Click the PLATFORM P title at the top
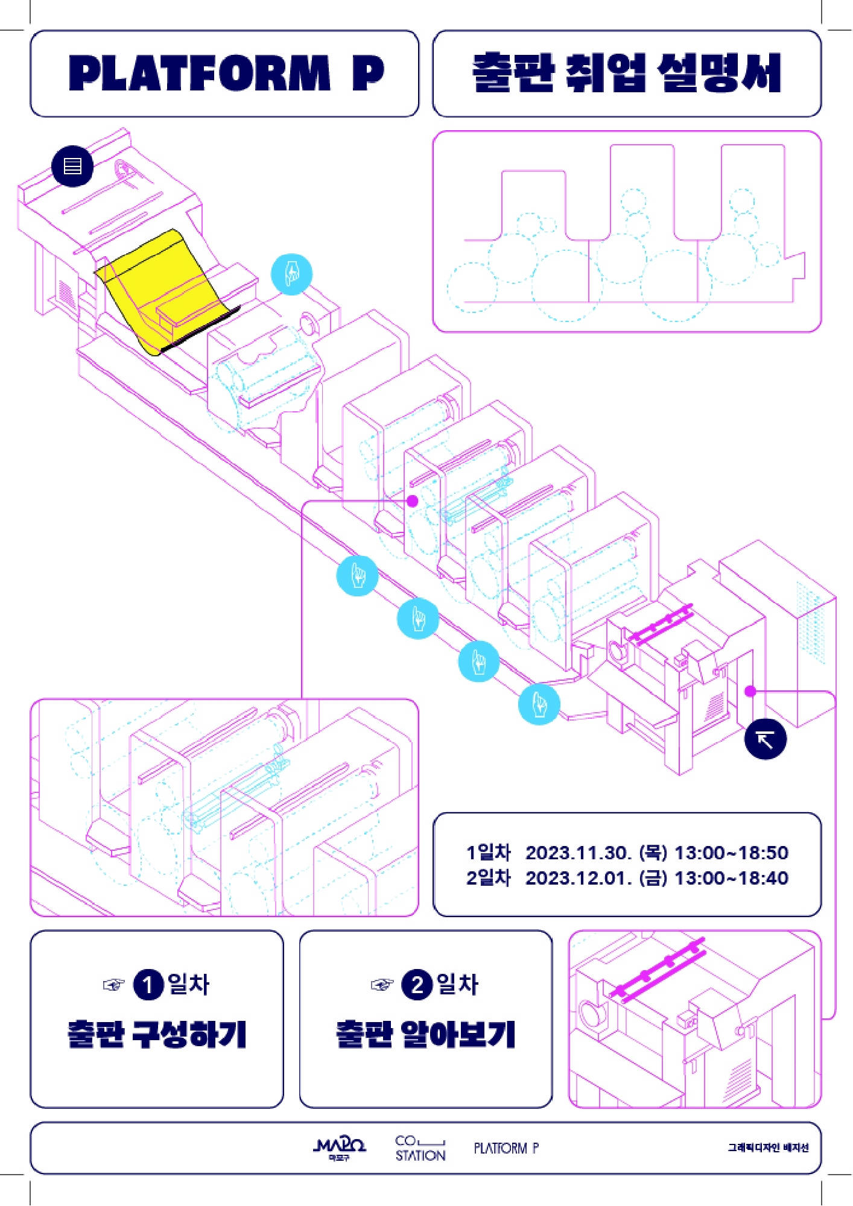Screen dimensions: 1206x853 (x=226, y=73)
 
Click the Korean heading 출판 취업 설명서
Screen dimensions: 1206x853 (x=626, y=73)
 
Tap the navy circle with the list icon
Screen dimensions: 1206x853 (x=72, y=166)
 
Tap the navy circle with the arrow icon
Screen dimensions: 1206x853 (x=765, y=739)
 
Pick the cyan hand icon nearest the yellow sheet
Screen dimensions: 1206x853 (x=291, y=274)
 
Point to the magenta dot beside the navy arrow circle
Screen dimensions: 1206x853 (x=750, y=691)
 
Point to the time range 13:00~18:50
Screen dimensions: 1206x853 (x=731, y=853)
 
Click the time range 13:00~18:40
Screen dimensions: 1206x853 (x=731, y=878)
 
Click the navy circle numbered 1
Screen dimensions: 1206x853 (x=148, y=985)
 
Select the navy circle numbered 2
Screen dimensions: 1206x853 (x=417, y=985)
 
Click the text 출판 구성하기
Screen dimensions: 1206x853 (x=157, y=1035)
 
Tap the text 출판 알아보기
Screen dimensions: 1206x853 (x=425, y=1035)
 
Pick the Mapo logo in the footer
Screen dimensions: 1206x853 (x=340, y=1148)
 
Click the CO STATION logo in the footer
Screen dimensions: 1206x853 (x=420, y=1148)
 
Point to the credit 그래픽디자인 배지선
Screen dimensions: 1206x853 (x=767, y=1148)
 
